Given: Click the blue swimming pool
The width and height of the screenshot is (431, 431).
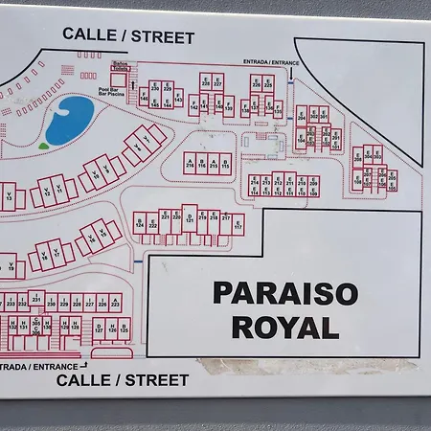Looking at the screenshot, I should (x=70, y=119).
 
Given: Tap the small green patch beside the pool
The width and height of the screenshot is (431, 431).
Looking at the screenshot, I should (x=43, y=146).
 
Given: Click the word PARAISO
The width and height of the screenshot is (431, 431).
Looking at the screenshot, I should (x=284, y=292).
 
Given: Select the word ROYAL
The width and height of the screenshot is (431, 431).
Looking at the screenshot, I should (x=284, y=327).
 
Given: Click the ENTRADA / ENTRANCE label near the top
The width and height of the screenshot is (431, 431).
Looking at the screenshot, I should (x=271, y=61).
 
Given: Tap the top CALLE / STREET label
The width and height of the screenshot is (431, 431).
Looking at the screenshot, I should (x=128, y=37).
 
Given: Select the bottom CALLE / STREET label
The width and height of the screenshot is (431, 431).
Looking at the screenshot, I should (x=122, y=380).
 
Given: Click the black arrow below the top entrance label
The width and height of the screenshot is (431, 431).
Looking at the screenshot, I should (x=290, y=73).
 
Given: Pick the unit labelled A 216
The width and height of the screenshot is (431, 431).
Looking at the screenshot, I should (x=190, y=163).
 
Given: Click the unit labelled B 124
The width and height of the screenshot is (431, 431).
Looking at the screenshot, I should (x=140, y=224).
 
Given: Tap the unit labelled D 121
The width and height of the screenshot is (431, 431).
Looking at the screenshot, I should (x=190, y=220).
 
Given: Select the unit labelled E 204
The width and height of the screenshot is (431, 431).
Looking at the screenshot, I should (x=368, y=155).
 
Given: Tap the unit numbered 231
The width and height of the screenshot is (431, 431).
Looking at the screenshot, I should (x=36, y=300).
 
